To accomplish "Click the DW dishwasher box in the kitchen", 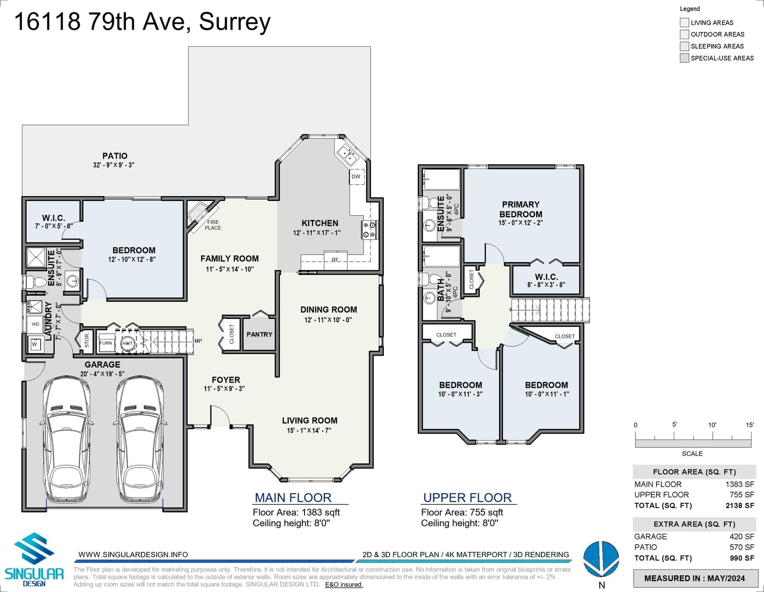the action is tap(357, 177).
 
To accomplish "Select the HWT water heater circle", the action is tap(127, 343).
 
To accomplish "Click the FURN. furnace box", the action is tap(106, 343).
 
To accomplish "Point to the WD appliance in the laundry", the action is tap(35, 324).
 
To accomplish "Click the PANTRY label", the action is tap(259, 334).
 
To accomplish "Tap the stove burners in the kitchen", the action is tap(369, 230).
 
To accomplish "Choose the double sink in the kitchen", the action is tap(347, 156).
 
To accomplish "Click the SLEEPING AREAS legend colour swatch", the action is tap(684, 46).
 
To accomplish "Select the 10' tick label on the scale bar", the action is tap(712, 425).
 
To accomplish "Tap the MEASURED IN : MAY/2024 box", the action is tap(695, 578).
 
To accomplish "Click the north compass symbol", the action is tap(601, 559).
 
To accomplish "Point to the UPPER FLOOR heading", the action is tap(467, 497).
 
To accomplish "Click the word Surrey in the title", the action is tap(235, 22).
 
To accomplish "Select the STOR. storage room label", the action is tap(87, 341).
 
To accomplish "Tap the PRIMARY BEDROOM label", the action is tap(520, 209).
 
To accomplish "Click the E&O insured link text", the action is tap(343, 585).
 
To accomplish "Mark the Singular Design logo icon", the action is tap(34, 549).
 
